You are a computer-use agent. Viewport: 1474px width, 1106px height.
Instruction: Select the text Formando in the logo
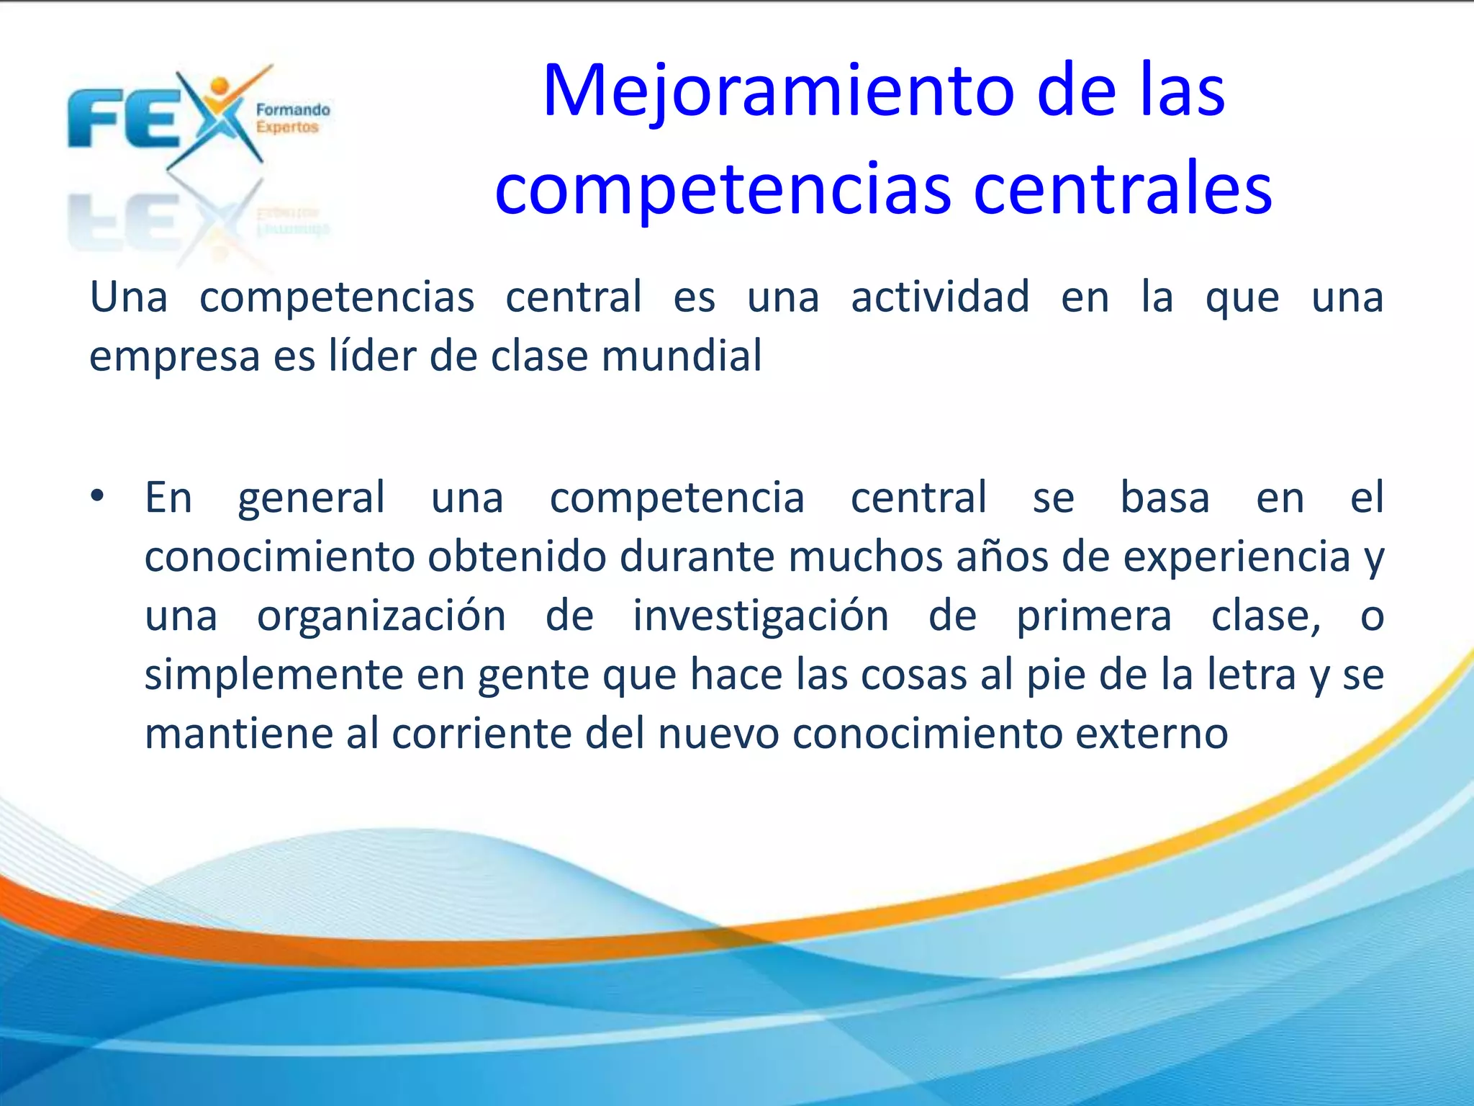293,110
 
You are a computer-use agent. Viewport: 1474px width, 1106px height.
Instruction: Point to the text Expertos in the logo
287,127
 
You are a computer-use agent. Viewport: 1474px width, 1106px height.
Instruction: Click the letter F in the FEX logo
93,119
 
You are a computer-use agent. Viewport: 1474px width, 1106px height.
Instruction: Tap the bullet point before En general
97,496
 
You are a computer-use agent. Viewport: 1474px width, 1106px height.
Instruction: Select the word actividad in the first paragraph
940,297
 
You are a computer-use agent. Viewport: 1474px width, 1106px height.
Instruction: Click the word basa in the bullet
1165,498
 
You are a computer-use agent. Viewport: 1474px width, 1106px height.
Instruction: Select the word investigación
760,616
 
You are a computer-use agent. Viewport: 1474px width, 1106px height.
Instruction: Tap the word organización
381,616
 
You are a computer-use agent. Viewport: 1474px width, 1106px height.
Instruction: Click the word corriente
482,734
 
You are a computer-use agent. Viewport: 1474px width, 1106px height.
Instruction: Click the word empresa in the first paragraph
174,357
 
